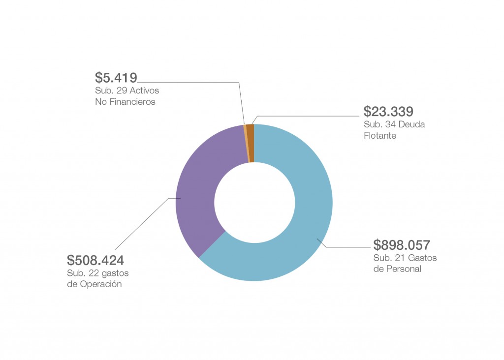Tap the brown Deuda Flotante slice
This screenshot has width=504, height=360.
tap(251, 143)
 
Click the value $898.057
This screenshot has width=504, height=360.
tap(402, 245)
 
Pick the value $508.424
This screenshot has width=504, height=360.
tap(95, 260)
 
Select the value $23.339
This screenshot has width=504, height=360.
tap(388, 112)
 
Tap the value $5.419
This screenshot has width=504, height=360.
tap(116, 78)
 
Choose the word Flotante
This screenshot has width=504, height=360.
tap(379, 136)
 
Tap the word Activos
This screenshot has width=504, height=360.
tap(145, 91)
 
